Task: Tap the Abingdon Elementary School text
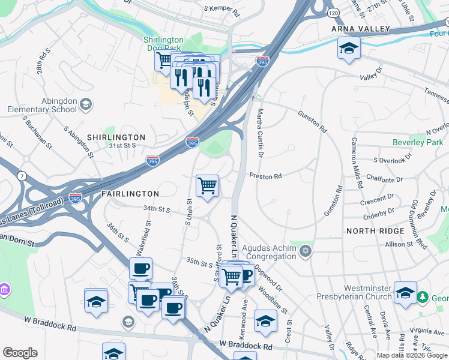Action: click(42, 106)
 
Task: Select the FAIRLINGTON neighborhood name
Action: click(130, 194)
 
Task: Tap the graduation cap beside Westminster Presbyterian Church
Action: click(406, 293)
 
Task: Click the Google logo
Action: click(20, 353)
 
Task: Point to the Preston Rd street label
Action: click(265, 176)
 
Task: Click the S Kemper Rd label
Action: click(221, 10)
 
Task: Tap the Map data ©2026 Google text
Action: click(412, 355)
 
